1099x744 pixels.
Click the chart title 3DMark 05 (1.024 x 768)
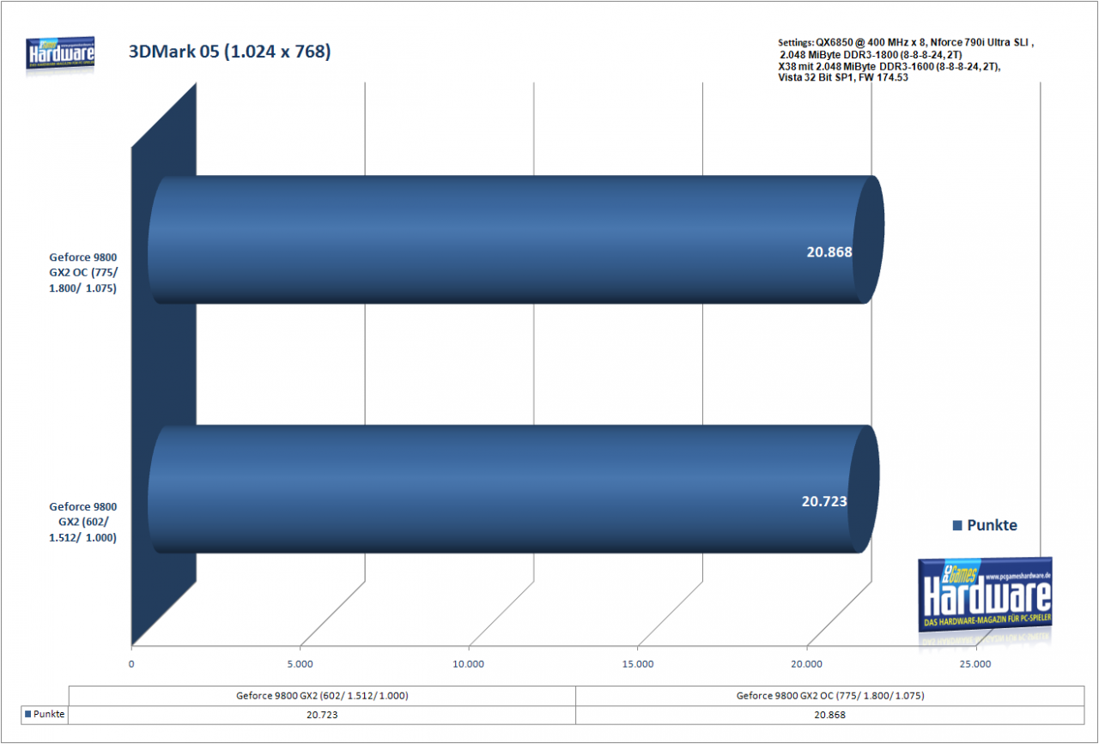coord(229,51)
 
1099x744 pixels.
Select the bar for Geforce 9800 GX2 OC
coord(515,239)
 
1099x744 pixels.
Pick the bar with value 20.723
coord(513,489)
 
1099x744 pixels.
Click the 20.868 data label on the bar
coord(829,252)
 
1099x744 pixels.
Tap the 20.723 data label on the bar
coord(824,501)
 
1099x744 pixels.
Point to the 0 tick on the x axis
coord(131,664)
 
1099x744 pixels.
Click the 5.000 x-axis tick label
coord(300,664)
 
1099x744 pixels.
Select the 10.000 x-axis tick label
coord(468,664)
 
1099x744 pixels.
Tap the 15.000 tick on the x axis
coord(637,664)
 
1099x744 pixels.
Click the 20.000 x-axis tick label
coord(806,664)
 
